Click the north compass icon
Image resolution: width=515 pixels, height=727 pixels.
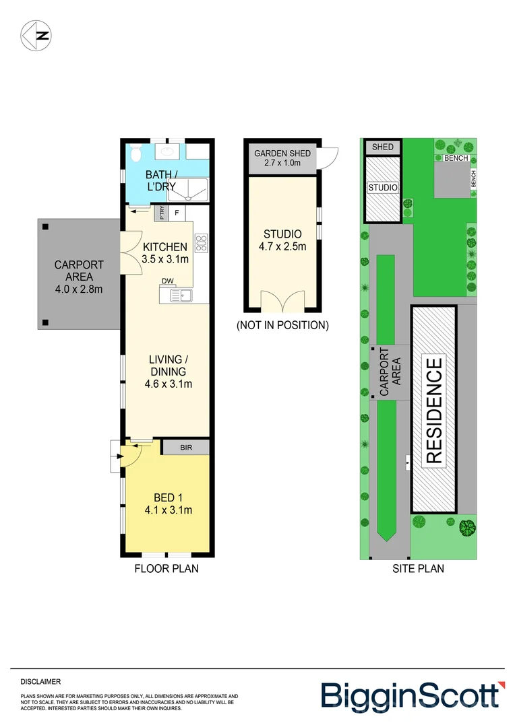pyautogui.click(x=36, y=36)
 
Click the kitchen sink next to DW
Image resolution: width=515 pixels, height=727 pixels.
pyautogui.click(x=180, y=294)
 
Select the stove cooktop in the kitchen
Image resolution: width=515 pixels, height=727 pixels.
pyautogui.click(x=200, y=242)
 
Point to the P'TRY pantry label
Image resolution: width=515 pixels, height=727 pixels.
pyautogui.click(x=162, y=213)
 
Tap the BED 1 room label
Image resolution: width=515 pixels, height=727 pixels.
pyautogui.click(x=168, y=497)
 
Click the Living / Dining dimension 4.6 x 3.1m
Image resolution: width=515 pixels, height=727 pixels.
pyautogui.click(x=169, y=384)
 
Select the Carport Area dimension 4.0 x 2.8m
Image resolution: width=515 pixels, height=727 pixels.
pyautogui.click(x=79, y=289)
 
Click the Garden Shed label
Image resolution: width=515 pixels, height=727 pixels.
pyautogui.click(x=282, y=153)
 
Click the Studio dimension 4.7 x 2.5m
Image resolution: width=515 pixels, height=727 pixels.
pyautogui.click(x=282, y=246)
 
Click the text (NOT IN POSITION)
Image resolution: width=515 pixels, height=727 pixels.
pyautogui.click(x=282, y=325)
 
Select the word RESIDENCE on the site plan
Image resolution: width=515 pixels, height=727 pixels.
pyautogui.click(x=434, y=411)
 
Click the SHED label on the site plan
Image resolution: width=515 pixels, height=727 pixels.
pyautogui.click(x=382, y=147)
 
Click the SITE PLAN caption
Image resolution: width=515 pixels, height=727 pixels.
pyautogui.click(x=418, y=569)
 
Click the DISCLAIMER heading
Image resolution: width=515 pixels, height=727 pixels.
pyautogui.click(x=41, y=682)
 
